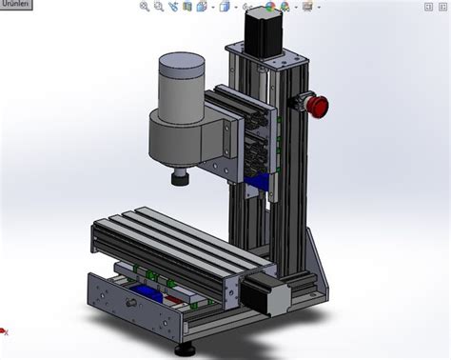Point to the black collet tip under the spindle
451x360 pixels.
click(x=178, y=178)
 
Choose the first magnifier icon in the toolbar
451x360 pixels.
click(x=145, y=7)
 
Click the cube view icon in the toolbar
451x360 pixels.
click(x=224, y=7)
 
